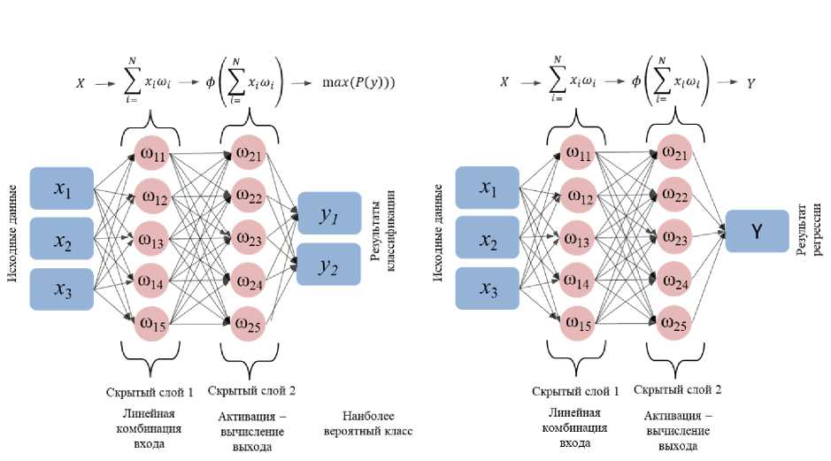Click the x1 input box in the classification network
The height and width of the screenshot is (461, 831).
(61, 188)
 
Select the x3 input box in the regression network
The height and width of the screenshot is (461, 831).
(488, 288)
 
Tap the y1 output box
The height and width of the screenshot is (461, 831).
(329, 213)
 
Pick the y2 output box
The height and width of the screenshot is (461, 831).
(328, 264)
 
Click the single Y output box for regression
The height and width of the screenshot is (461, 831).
(757, 231)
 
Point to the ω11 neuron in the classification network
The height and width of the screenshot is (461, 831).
(153, 156)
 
